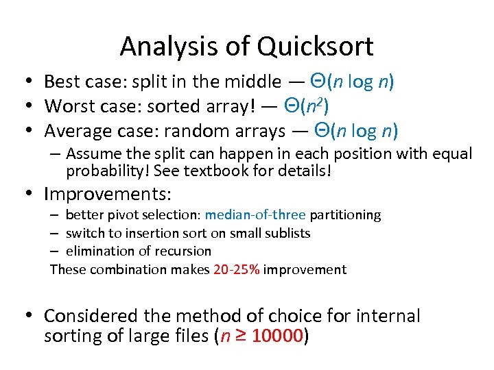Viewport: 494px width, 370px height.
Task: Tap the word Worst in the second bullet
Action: pos(69,106)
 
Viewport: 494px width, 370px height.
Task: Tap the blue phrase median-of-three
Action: pos(255,215)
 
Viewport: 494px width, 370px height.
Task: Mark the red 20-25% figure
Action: pos(237,269)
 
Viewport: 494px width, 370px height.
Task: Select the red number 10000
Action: pos(278,337)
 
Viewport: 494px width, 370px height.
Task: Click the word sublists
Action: pos(285,233)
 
